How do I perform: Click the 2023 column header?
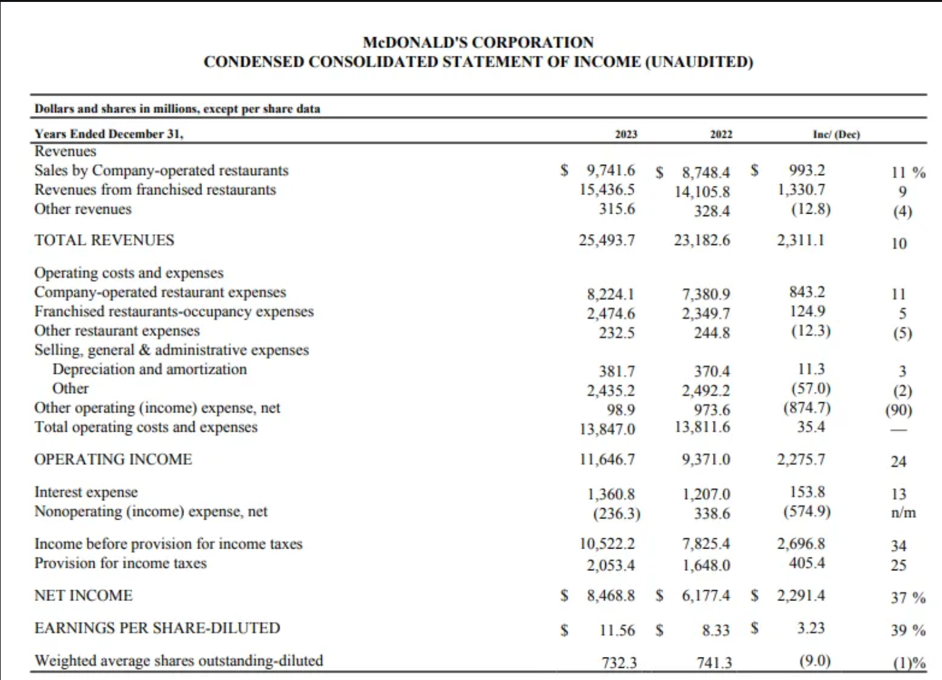(x=626, y=134)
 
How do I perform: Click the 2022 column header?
(x=721, y=134)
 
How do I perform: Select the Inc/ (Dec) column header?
(x=836, y=134)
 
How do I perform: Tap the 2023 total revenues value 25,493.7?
(x=607, y=241)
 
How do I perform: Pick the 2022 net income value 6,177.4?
(x=706, y=595)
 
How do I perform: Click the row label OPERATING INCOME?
(x=113, y=459)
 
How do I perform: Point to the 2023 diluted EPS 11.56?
(x=617, y=630)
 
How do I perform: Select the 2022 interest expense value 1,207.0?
(x=706, y=493)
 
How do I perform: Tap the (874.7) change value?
(x=807, y=408)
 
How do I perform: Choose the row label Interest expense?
(x=86, y=492)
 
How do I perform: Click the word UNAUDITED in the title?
(x=696, y=62)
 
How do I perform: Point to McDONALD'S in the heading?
(x=415, y=42)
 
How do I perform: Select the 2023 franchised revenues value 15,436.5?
(x=607, y=190)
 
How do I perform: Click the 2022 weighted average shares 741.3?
(x=714, y=663)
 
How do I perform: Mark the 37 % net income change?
(x=908, y=597)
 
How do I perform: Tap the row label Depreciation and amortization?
(x=149, y=369)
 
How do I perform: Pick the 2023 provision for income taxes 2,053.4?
(x=611, y=565)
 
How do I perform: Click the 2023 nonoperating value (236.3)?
(x=617, y=514)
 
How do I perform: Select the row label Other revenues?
(x=83, y=209)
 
